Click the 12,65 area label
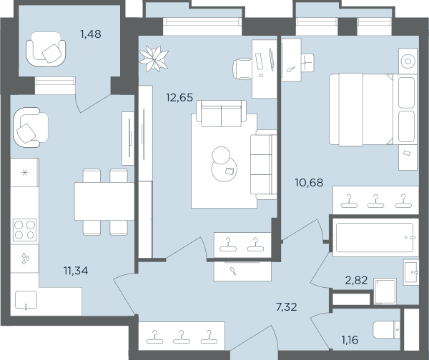pyautogui.click(x=179, y=97)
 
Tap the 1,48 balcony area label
pyautogui.click(x=91, y=34)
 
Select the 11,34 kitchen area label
pyautogui.click(x=76, y=271)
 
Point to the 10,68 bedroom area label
pyautogui.click(x=309, y=182)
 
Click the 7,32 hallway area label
pyautogui.click(x=287, y=307)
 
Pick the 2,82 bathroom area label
pyautogui.click(x=356, y=280)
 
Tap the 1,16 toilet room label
pyautogui.click(x=350, y=340)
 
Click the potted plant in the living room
pyautogui.click(x=154, y=59)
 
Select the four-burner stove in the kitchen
pyautogui.click(x=24, y=230)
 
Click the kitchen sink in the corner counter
pyautogui.click(x=26, y=300)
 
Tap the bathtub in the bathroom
pyautogui.click(x=375, y=237)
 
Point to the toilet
pyautogui.click(x=386, y=329)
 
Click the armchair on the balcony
pyautogui.click(x=46, y=49)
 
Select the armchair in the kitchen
pyautogui.click(x=31, y=127)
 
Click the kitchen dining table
pyautogui.click(x=104, y=201)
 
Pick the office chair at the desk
pyautogui.click(x=242, y=69)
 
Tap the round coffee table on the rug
pyautogui.click(x=224, y=169)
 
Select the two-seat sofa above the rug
pyautogui.click(x=222, y=114)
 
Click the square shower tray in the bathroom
pyautogui.click(x=385, y=291)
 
